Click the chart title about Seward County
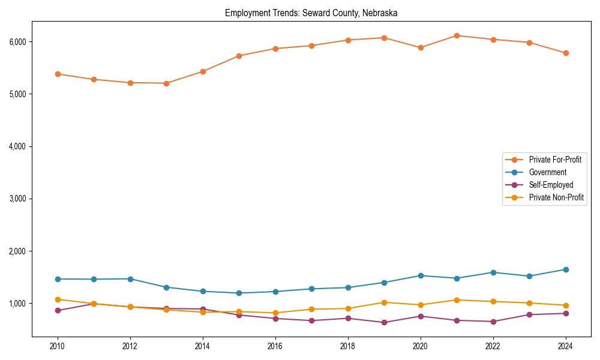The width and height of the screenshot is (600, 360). pyautogui.click(x=311, y=13)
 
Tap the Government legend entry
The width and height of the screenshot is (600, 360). pyautogui.click(x=547, y=172)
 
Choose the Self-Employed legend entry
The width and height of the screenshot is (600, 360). pyautogui.click(x=551, y=185)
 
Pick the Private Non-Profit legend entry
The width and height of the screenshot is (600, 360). pyautogui.click(x=556, y=197)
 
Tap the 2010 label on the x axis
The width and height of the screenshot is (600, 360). pyautogui.click(x=58, y=346)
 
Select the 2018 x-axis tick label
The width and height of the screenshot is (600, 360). pyautogui.click(x=348, y=346)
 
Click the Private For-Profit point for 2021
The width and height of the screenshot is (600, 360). pyautogui.click(x=457, y=35)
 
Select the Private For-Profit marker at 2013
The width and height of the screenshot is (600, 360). pyautogui.click(x=166, y=83)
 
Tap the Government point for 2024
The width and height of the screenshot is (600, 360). pyautogui.click(x=566, y=269)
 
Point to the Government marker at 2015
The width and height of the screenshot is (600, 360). pyautogui.click(x=239, y=293)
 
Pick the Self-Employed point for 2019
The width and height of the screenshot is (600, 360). pyautogui.click(x=384, y=322)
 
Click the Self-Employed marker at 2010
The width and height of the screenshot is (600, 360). pyautogui.click(x=58, y=310)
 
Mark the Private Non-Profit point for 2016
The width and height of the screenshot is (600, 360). pyautogui.click(x=275, y=313)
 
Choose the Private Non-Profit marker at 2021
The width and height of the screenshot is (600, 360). pyautogui.click(x=457, y=300)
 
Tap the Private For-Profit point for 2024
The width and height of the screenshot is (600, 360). pyautogui.click(x=566, y=53)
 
